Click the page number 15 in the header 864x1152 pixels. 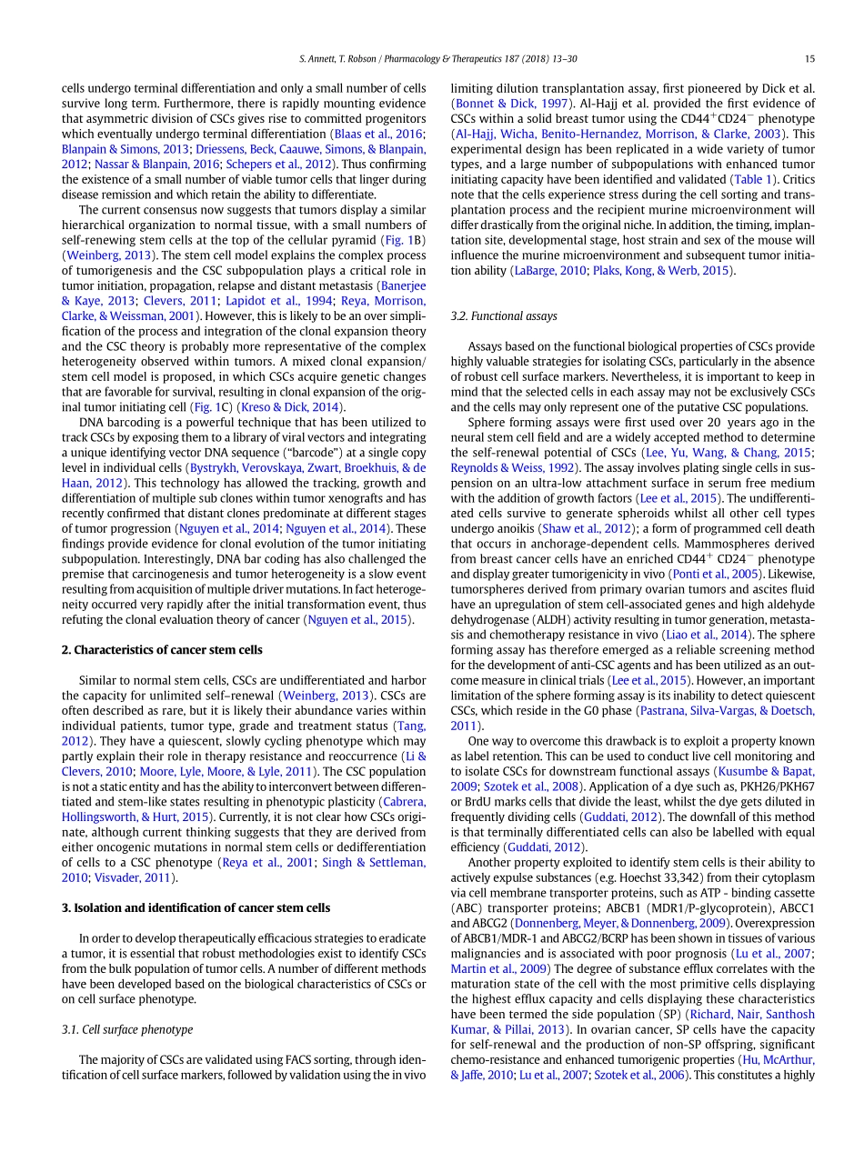pyautogui.click(x=809, y=59)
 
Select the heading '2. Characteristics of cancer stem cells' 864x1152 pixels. pyautogui.click(x=162, y=649)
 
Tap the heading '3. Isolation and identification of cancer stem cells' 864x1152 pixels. pyautogui.click(x=196, y=907)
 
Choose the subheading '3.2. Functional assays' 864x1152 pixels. pyautogui.click(x=504, y=316)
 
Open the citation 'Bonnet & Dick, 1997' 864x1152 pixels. pyautogui.click(x=510, y=104)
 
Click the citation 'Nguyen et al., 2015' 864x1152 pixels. pyautogui.click(x=358, y=620)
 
